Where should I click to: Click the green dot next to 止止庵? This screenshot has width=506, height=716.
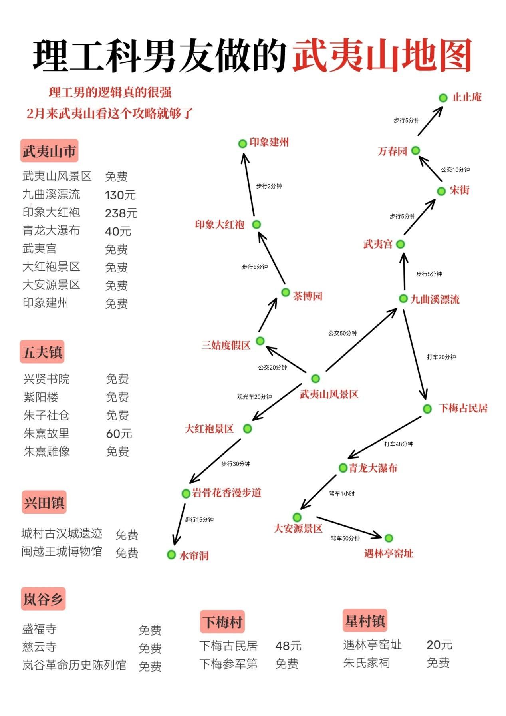[443, 97]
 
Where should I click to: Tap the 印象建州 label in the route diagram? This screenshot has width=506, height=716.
[269, 142]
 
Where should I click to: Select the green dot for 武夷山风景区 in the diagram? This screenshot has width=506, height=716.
[316, 378]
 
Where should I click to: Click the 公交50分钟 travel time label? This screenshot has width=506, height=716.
[343, 333]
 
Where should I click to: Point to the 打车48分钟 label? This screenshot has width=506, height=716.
[399, 444]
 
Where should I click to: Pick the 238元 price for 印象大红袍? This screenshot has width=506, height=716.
[121, 213]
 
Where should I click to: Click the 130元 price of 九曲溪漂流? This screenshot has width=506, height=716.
[120, 195]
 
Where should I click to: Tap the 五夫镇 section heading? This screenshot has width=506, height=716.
[42, 352]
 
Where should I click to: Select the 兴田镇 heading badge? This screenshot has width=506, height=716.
[44, 502]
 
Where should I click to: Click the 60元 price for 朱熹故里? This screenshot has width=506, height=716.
[119, 434]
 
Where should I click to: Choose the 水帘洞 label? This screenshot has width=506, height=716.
[194, 555]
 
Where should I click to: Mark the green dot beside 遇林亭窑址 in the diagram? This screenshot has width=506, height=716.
[389, 538]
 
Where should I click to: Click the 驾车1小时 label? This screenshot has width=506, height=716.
[342, 494]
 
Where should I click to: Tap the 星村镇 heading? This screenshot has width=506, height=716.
[365, 621]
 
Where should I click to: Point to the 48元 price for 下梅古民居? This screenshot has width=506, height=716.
[288, 646]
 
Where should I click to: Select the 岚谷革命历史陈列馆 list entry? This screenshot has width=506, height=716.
[74, 665]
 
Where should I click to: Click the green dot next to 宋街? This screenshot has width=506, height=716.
[441, 191]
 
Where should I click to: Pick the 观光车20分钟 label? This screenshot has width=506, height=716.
[254, 397]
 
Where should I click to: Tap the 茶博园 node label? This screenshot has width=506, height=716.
[308, 296]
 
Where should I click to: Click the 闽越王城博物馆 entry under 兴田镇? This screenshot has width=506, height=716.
[62, 551]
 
